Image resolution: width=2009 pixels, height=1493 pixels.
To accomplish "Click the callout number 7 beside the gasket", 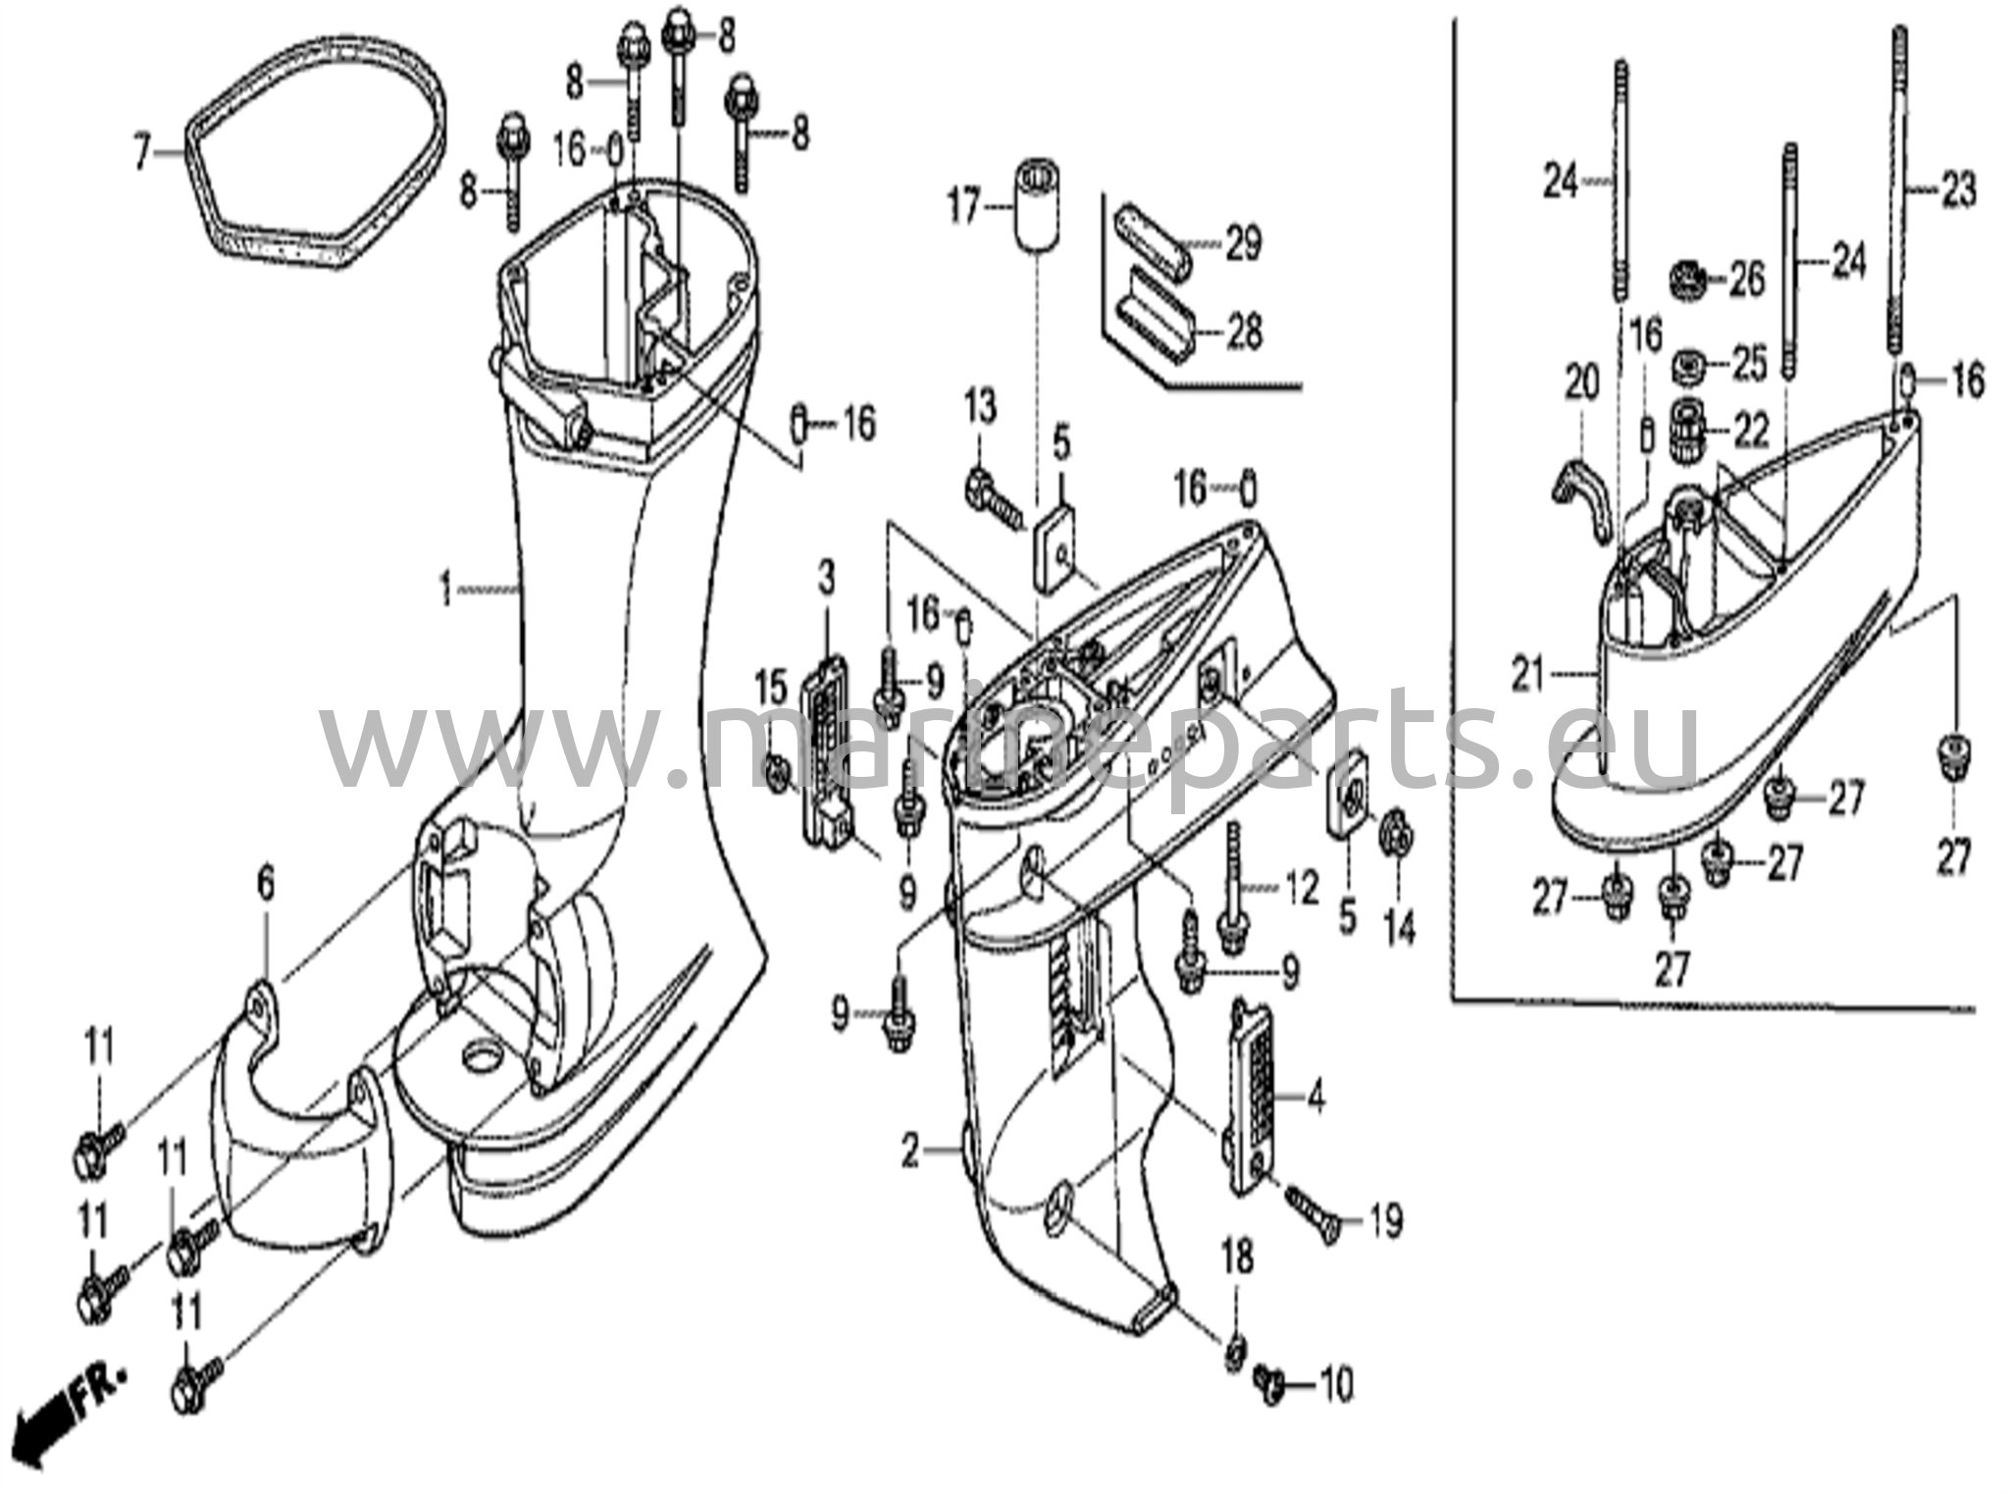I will click(x=143, y=153).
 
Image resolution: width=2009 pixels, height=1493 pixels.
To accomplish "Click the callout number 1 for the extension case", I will click(x=446, y=591).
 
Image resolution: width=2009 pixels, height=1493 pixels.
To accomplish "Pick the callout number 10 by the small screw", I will click(x=1335, y=1384).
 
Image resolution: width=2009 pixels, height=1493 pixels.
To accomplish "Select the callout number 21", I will click(x=1527, y=675).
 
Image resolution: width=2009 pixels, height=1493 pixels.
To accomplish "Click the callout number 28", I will click(x=1244, y=333).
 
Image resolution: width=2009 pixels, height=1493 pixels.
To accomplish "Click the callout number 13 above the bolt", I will click(x=980, y=405).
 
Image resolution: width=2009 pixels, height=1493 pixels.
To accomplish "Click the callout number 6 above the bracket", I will click(x=265, y=887).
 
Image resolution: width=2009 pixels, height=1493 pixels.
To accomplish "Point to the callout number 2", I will click(x=911, y=1152).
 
